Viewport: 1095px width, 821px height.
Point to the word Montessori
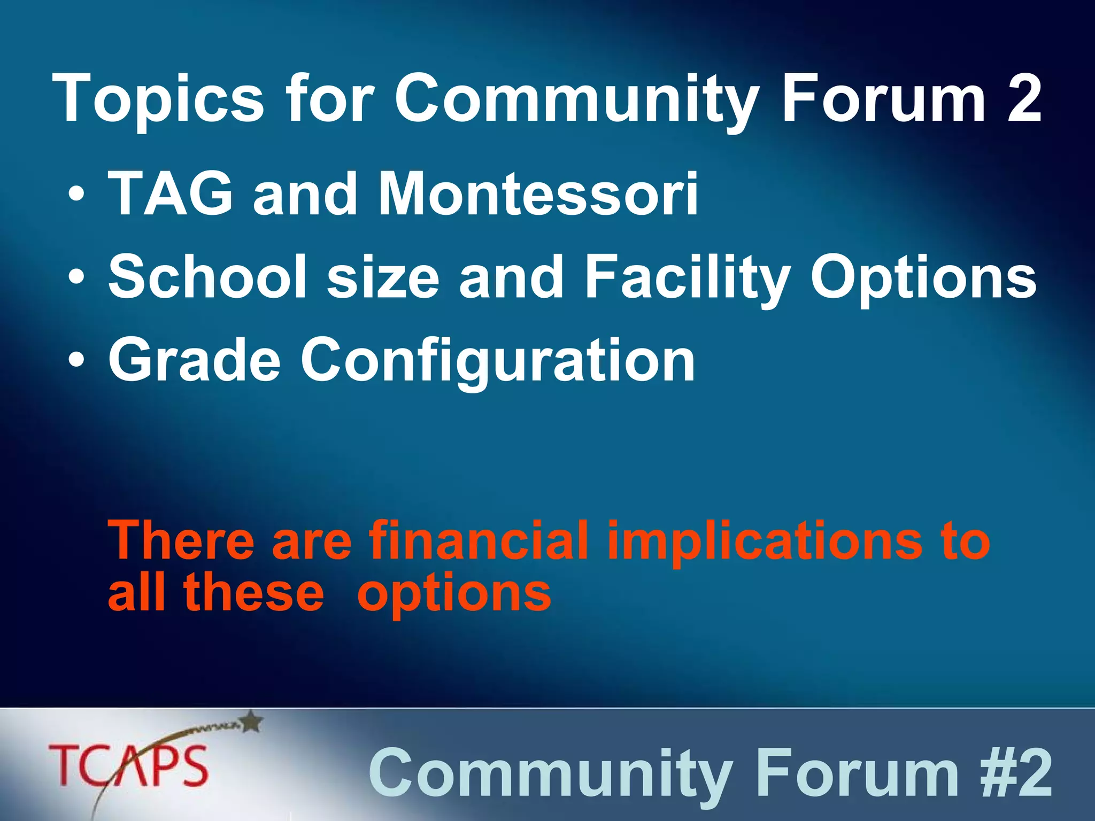(537, 193)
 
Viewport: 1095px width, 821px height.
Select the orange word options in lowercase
(453, 594)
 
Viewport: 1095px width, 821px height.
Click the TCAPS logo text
(128, 765)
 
